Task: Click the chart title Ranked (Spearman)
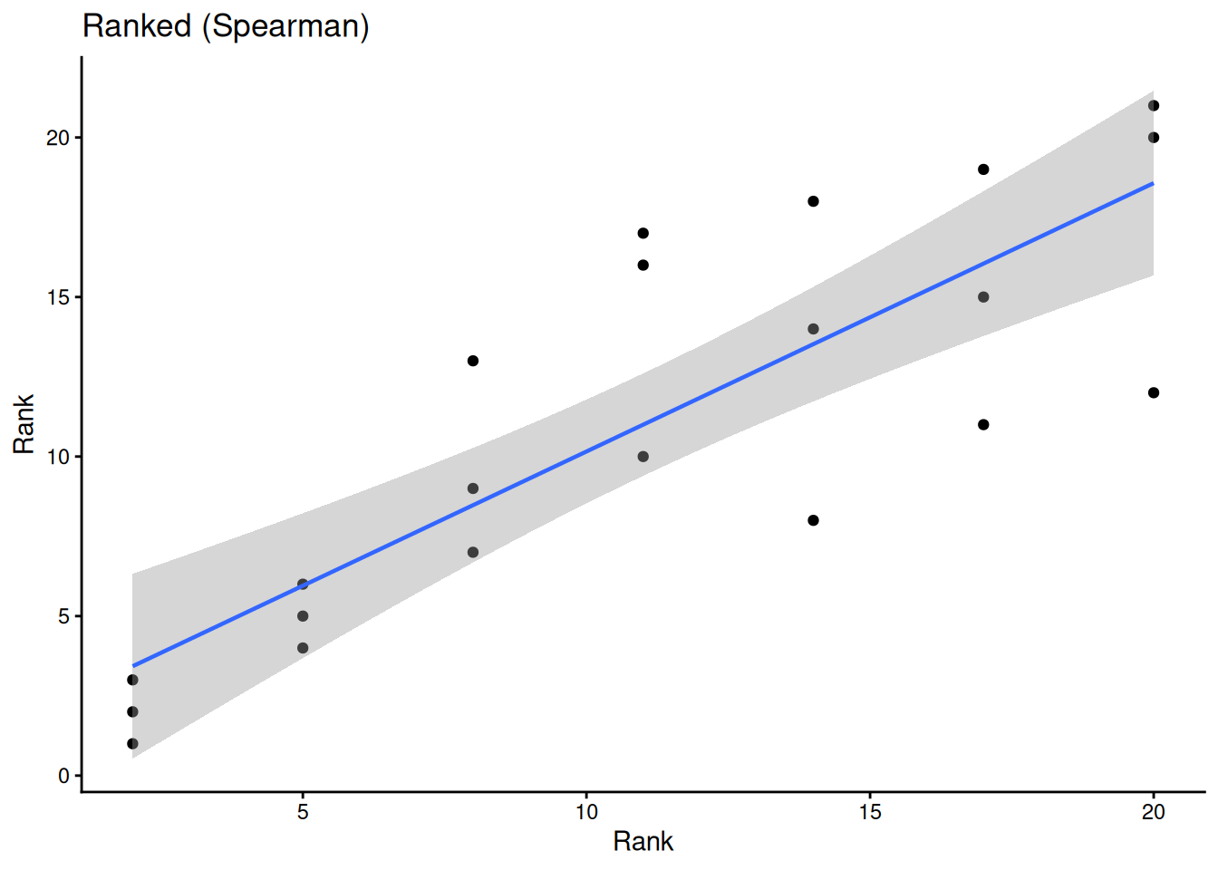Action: click(226, 26)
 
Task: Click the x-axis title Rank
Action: click(643, 841)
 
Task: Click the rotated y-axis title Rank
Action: click(24, 424)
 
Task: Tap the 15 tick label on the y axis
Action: click(58, 297)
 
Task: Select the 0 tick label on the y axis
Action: click(63, 776)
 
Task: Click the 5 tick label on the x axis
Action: click(303, 812)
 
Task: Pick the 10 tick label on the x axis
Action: click(586, 812)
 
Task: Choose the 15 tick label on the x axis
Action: click(870, 812)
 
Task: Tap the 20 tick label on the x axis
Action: click(1153, 812)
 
